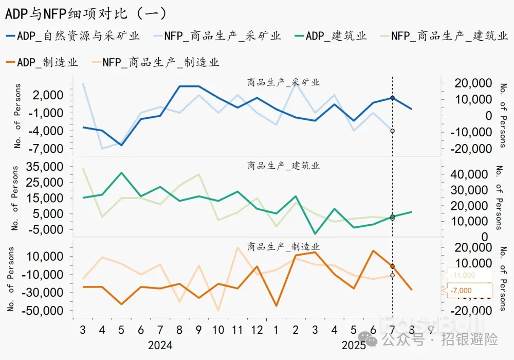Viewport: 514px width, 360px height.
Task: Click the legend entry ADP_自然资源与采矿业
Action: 72,36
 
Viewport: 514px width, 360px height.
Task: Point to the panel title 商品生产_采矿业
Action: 283,82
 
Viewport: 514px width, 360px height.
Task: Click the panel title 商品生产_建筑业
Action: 283,166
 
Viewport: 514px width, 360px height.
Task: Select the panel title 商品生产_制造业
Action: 283,247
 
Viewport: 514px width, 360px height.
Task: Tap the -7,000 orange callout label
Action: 461,291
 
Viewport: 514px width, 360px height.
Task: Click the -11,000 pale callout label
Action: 463,276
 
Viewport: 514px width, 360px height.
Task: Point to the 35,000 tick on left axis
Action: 48,167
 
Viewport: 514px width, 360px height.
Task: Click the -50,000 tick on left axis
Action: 46,311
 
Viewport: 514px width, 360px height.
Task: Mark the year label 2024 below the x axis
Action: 160,345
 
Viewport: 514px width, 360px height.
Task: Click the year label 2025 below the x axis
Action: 354,345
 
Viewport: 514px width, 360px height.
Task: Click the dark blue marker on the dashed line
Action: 392,98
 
